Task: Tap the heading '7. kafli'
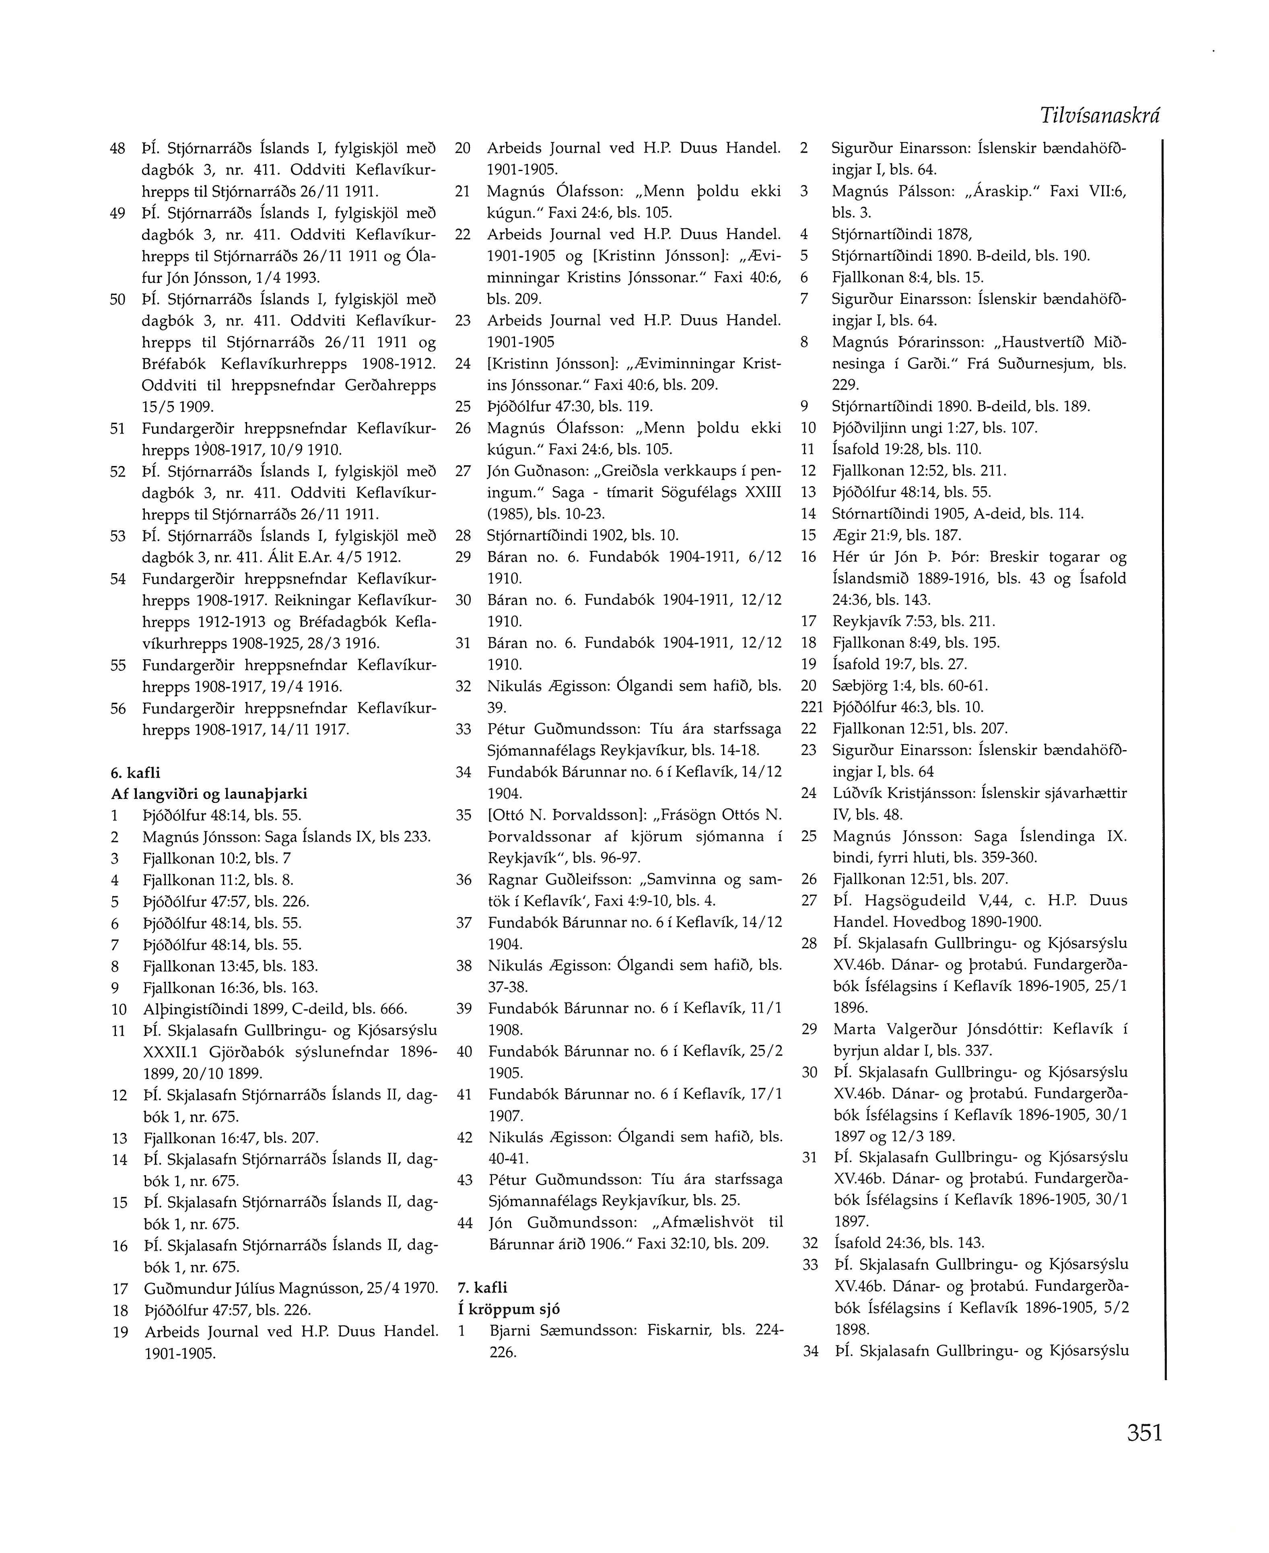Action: tap(482, 1287)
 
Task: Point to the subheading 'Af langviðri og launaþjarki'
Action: tap(209, 794)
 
